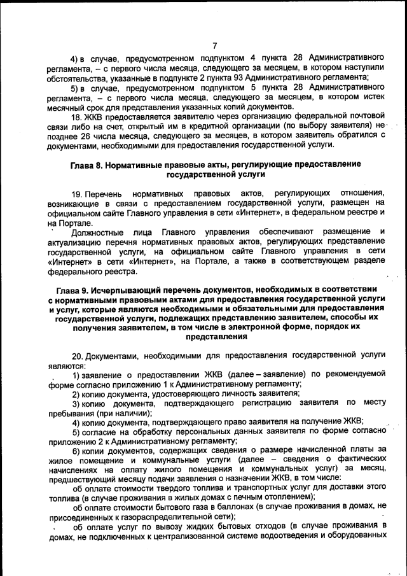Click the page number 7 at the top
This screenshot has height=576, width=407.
click(x=214, y=45)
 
